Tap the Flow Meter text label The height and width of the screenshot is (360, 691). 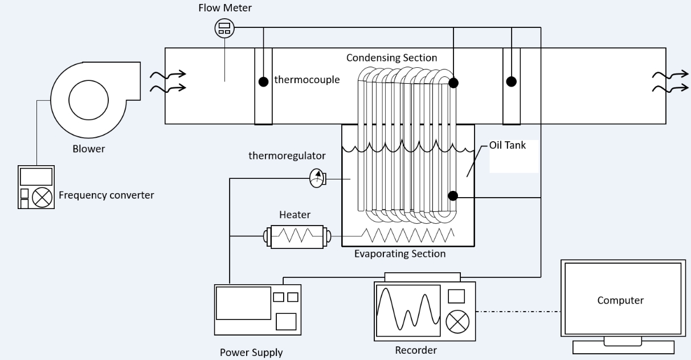coord(225,8)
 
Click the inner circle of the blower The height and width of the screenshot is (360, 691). coord(88,100)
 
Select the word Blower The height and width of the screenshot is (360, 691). coord(88,149)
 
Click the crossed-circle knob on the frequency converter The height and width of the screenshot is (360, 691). coord(42,198)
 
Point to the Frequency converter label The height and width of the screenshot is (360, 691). coord(106,195)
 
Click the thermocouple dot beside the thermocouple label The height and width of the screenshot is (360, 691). coord(263,82)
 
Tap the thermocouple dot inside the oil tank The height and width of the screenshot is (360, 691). coord(453,195)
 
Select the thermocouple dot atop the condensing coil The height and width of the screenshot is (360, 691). coord(453,83)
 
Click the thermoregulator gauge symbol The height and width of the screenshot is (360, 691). coord(317,178)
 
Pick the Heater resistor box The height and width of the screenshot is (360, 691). coord(297,236)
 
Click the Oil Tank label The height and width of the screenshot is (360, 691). coord(508,145)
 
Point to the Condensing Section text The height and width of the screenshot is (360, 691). coord(391,58)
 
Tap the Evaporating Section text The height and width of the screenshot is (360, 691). coord(400,253)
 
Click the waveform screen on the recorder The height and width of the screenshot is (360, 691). coord(408,310)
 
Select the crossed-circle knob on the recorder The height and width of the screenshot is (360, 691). coord(457,322)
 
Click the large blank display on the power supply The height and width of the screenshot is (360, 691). coord(243,303)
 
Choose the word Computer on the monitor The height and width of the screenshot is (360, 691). coord(620,300)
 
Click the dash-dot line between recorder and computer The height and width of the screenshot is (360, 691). coord(518,312)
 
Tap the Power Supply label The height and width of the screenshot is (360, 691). coord(251,352)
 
